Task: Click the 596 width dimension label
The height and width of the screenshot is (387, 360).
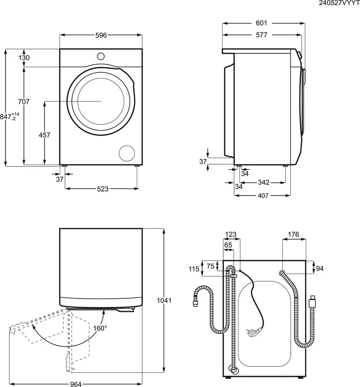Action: tap(101, 35)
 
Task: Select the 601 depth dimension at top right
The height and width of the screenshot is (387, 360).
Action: tap(261, 23)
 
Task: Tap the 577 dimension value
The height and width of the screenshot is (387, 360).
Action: tap(261, 35)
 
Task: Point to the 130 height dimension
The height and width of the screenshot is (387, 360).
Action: tap(24, 58)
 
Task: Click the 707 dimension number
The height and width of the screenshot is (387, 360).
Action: tap(24, 102)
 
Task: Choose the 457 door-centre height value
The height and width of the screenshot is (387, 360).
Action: tap(44, 135)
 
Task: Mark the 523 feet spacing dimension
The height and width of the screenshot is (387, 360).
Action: tap(103, 189)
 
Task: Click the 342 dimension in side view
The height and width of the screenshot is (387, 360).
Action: tap(264, 183)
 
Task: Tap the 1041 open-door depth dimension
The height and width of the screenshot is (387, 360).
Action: tap(164, 300)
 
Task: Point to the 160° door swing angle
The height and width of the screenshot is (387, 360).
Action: tap(100, 328)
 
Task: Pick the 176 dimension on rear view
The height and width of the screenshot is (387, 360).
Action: tap(293, 235)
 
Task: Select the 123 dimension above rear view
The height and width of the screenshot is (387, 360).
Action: tap(231, 235)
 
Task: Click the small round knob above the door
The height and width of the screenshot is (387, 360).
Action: tap(101, 56)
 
